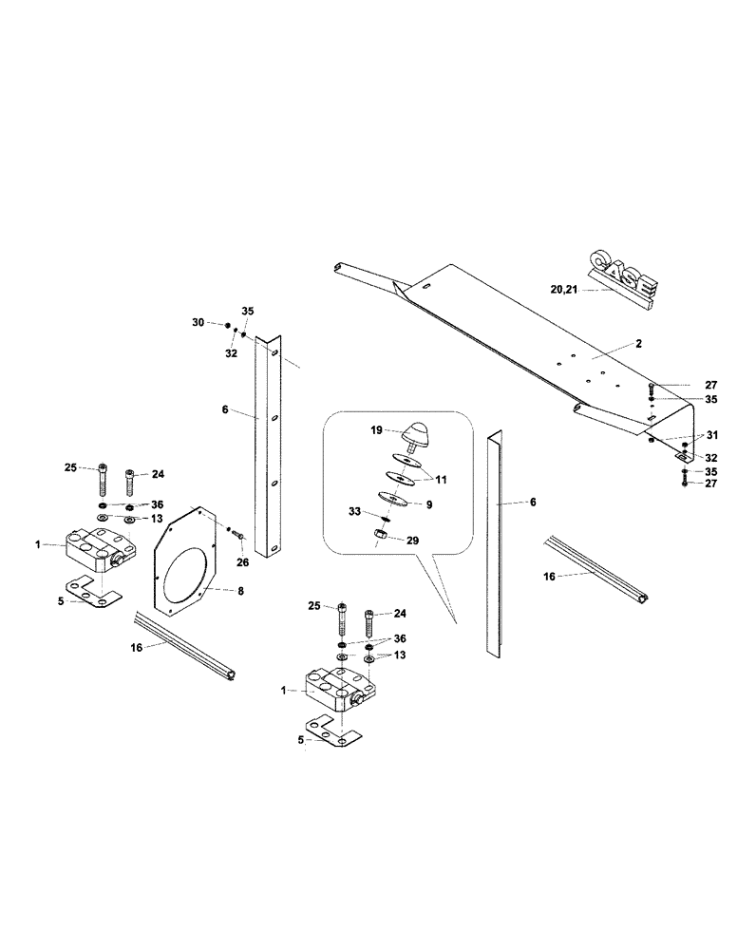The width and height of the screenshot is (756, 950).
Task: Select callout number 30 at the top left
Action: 198,323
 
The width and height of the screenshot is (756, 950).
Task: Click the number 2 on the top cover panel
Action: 639,343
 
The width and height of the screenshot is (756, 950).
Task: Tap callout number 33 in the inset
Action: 354,512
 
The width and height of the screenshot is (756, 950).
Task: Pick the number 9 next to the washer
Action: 428,504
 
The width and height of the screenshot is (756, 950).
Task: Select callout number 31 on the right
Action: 713,436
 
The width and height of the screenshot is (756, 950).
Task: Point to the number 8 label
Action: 239,591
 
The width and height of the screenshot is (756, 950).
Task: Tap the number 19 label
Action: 376,430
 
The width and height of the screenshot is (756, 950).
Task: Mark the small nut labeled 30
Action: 229,326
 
